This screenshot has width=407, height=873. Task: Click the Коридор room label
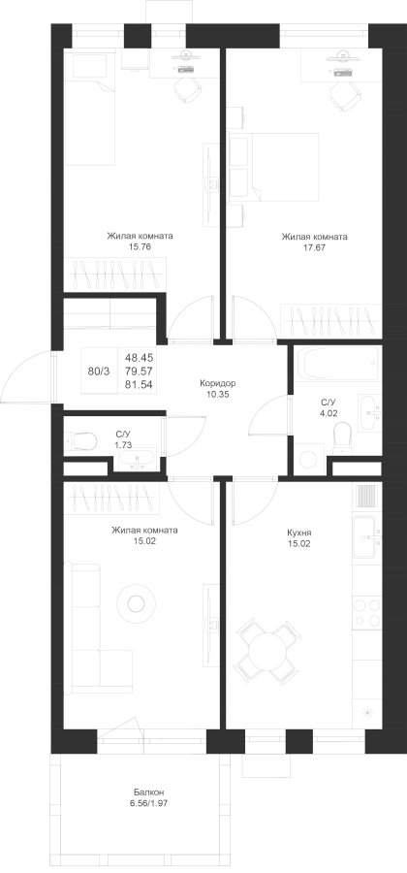218,383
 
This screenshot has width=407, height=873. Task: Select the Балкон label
148,792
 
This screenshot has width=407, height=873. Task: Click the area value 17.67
314,247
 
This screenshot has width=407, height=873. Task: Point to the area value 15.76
141,246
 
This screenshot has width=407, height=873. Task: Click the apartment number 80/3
99,371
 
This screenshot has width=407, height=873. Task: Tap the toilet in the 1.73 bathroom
80,442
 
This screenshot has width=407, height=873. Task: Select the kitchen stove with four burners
367,611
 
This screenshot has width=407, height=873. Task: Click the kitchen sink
367,537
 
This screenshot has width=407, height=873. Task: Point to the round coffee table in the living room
135,602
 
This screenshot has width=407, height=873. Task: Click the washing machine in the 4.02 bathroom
307,459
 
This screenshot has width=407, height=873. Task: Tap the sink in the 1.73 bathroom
137,460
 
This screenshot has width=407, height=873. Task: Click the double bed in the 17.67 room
273,167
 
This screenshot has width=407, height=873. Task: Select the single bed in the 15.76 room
90,107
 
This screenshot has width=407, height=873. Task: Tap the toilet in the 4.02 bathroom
342,437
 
